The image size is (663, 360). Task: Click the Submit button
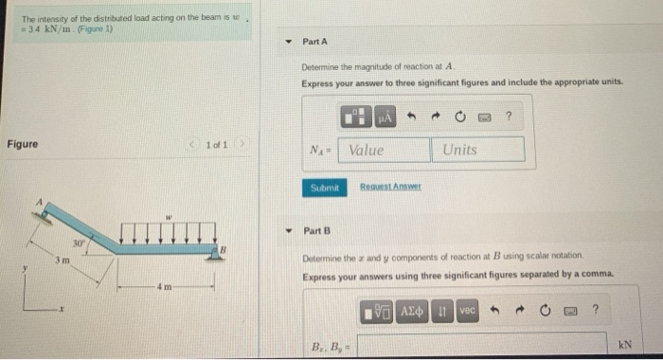coord(324,188)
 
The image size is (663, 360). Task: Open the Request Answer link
coord(390,188)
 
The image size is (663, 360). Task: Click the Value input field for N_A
coord(384,150)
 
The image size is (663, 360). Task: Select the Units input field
coord(478,150)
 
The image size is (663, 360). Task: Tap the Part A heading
coord(314,42)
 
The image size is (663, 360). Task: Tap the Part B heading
coord(316,231)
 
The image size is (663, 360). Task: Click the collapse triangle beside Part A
coord(288,42)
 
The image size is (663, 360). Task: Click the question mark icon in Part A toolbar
coord(509,117)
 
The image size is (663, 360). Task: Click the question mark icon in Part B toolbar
coord(595,312)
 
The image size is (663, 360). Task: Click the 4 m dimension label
coord(166,283)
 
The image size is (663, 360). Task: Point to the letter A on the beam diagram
coord(40,202)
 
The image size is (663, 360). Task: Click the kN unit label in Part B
coord(624,345)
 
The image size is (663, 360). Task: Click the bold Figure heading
coord(23,144)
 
